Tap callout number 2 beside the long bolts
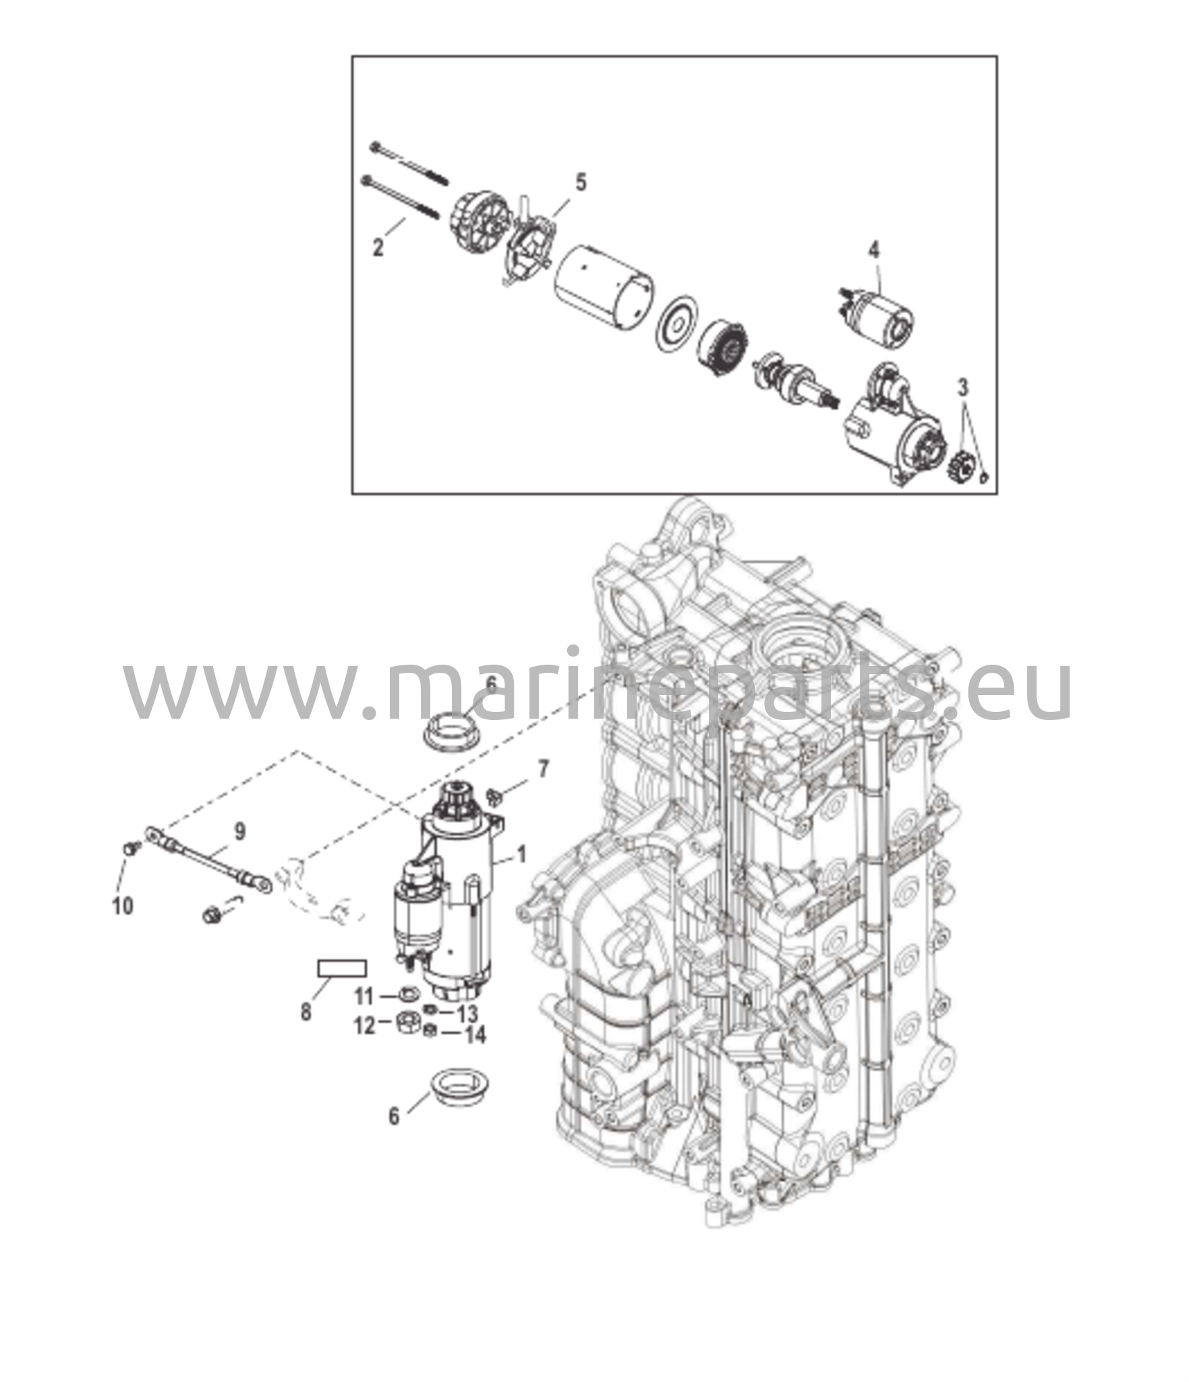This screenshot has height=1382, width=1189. (x=378, y=247)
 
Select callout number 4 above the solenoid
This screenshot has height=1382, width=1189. (x=873, y=250)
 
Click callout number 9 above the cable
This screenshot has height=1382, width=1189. (x=240, y=832)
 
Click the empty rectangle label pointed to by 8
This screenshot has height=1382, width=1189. (x=342, y=968)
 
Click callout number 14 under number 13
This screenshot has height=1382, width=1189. (x=475, y=1034)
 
